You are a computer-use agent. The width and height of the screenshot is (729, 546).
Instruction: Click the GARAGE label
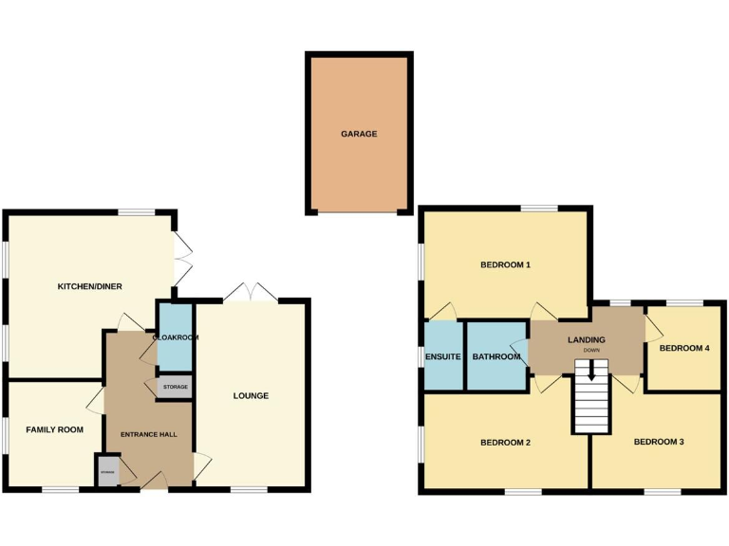coord(359,135)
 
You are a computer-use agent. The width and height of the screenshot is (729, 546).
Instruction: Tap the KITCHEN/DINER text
coord(90,286)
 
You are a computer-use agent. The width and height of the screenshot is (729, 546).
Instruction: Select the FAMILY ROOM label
coord(54,429)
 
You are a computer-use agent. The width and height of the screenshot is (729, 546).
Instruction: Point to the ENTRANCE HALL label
coord(148,434)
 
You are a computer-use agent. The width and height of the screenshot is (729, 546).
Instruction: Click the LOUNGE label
coord(252,395)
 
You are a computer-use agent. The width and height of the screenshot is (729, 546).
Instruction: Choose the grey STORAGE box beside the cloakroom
coord(176,387)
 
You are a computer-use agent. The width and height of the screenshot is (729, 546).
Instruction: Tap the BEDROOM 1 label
coord(505,264)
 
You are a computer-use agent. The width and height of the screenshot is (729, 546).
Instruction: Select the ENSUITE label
coord(443,357)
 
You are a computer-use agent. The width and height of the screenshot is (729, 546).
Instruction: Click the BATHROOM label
coord(496,357)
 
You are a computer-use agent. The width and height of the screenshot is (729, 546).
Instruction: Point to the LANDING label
coord(587,339)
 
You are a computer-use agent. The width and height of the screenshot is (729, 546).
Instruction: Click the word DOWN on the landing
coord(591,351)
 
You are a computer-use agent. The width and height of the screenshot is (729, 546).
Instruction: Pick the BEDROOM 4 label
coord(684,348)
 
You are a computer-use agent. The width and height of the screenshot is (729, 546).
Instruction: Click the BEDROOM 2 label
coord(505,442)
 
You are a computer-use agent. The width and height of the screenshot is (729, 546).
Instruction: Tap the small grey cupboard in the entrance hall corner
coord(108,471)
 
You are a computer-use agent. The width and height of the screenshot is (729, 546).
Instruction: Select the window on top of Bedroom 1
coord(538,209)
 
